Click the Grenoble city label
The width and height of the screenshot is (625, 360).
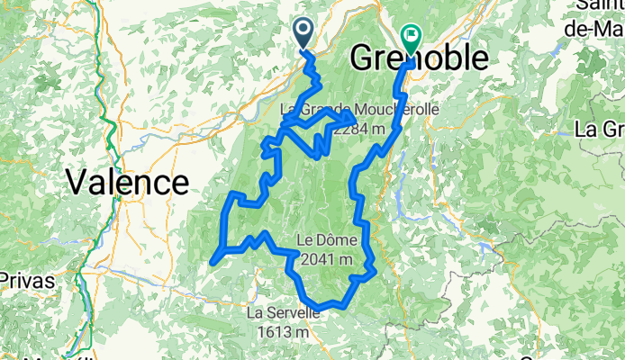[419, 58]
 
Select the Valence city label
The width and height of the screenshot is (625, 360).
[127, 183]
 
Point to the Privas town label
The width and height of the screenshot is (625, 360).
[27, 280]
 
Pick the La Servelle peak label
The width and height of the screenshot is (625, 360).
[283, 313]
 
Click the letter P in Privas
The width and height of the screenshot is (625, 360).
[5, 280]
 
